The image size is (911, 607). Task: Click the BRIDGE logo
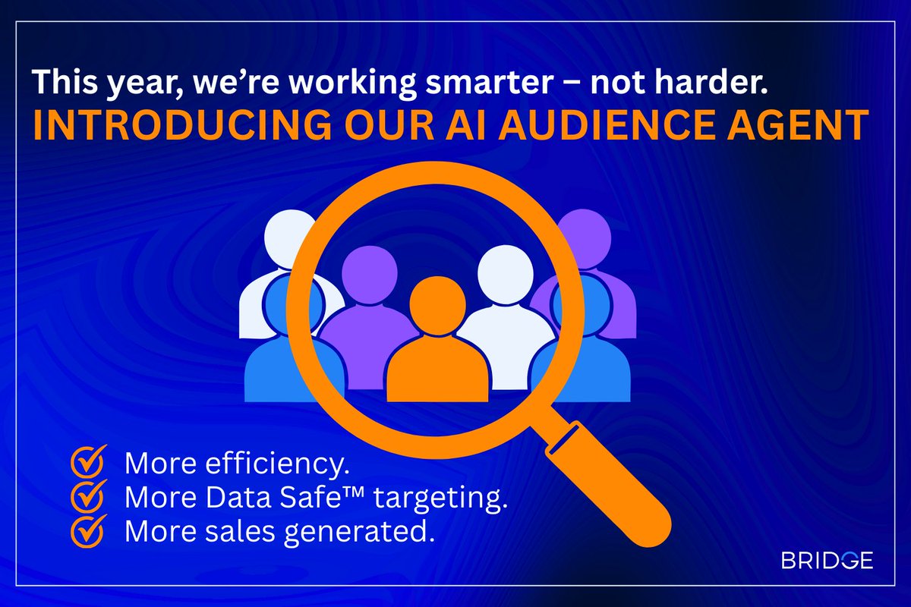pyautogui.click(x=827, y=561)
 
